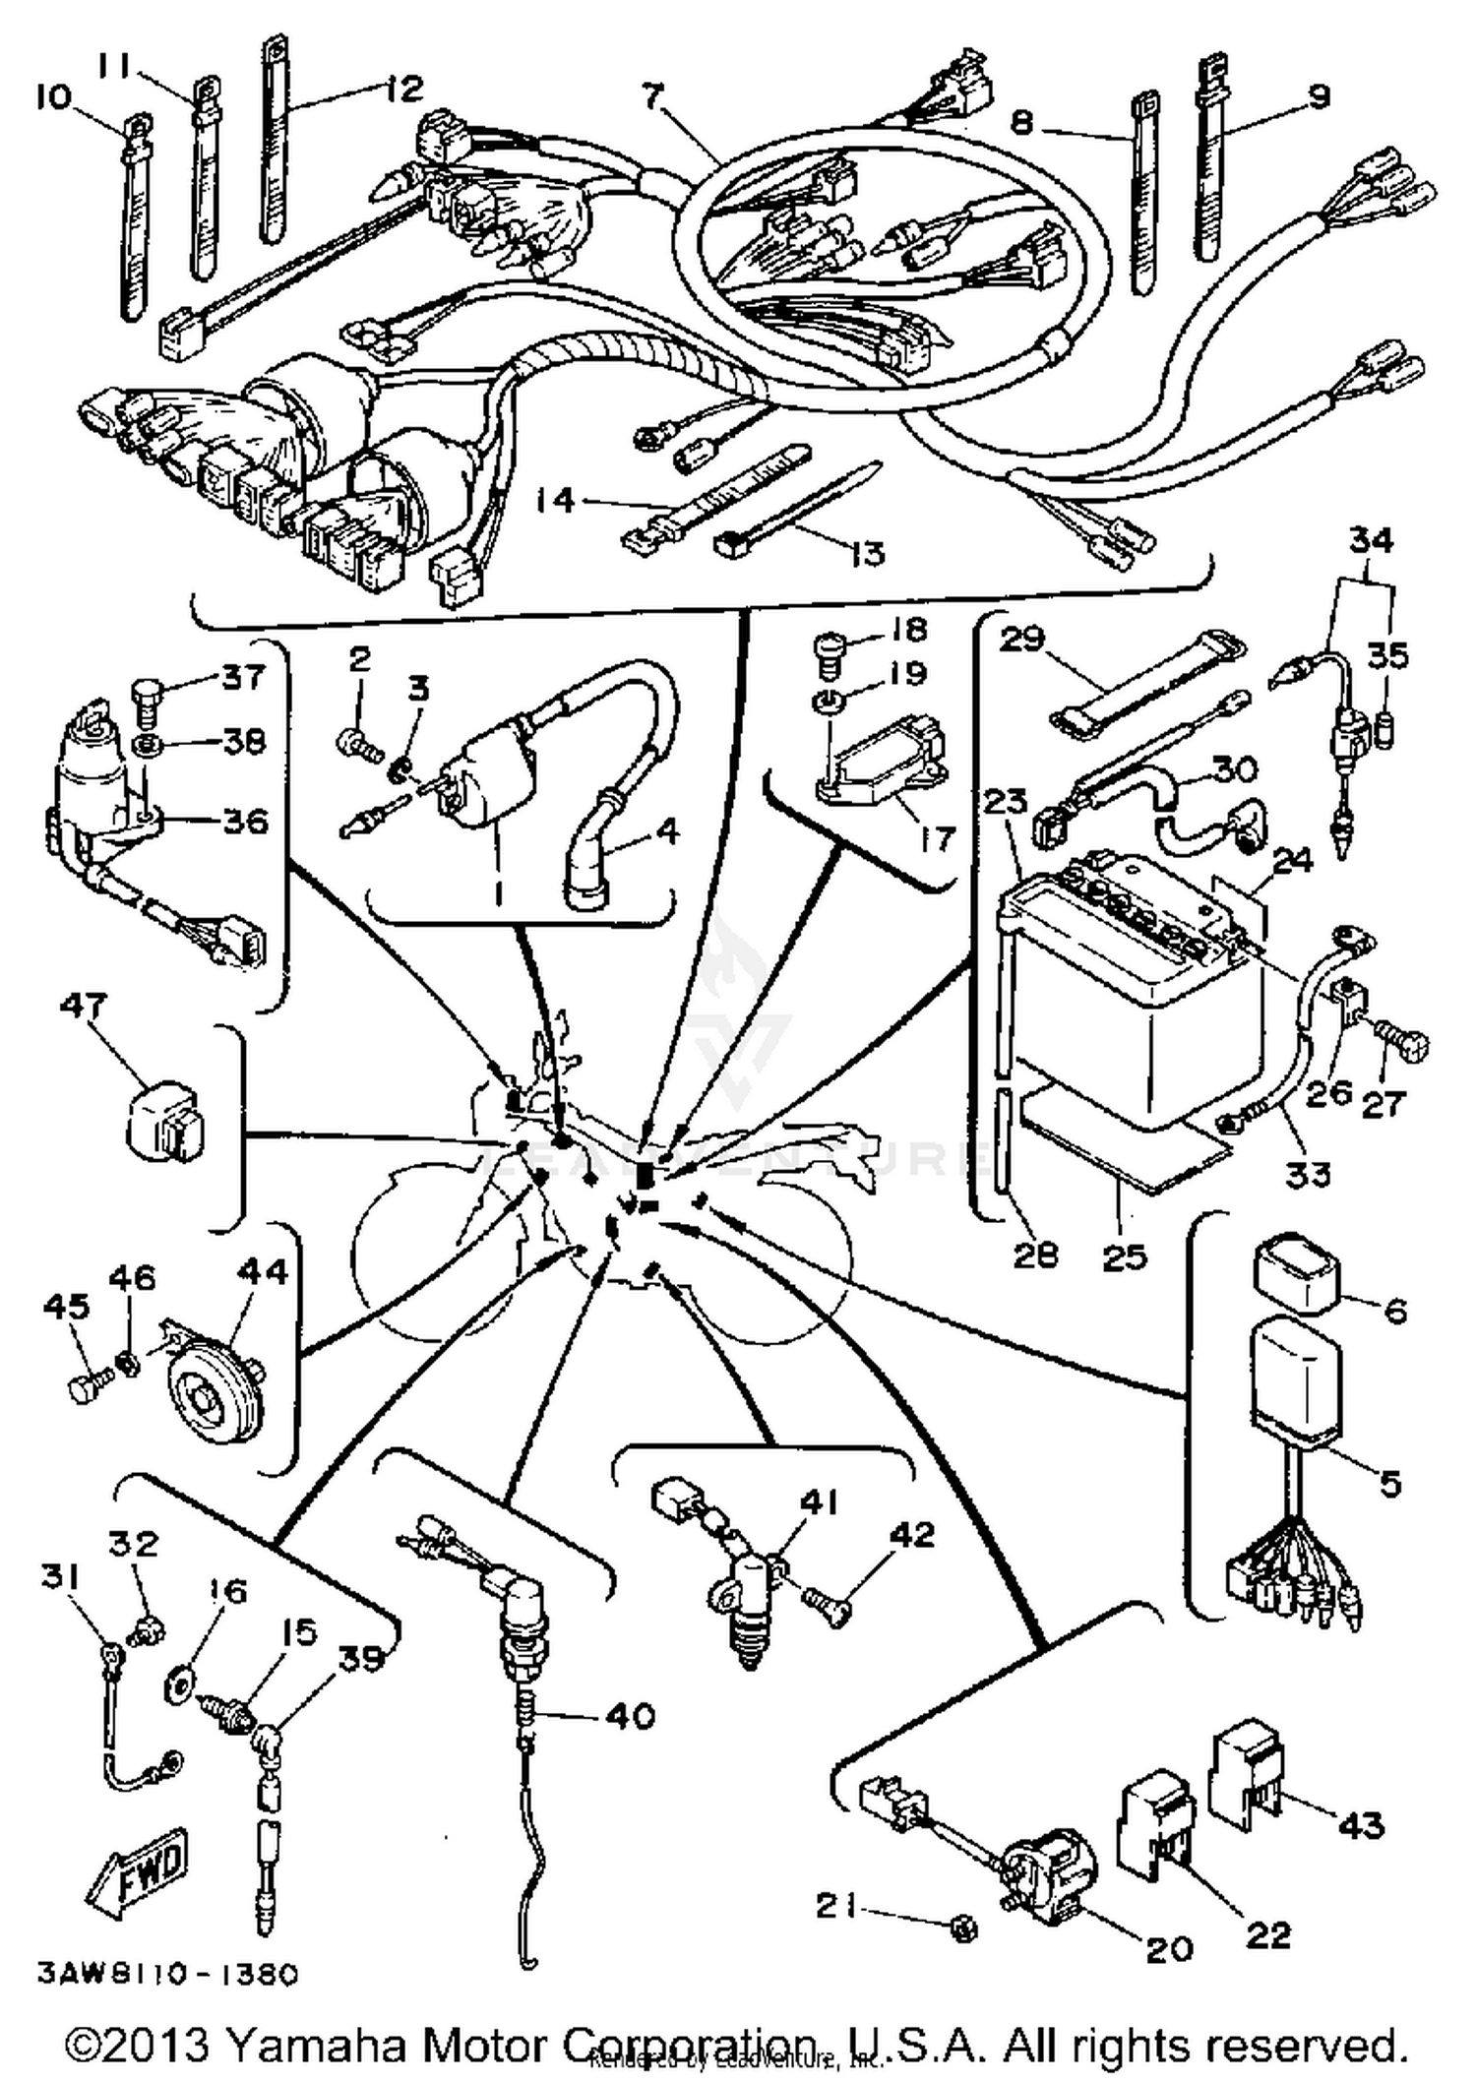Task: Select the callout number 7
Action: point(652,97)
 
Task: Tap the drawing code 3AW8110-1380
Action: point(167,1975)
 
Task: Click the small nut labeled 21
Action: point(964,1930)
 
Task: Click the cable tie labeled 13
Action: point(797,510)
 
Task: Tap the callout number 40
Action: point(630,1717)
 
